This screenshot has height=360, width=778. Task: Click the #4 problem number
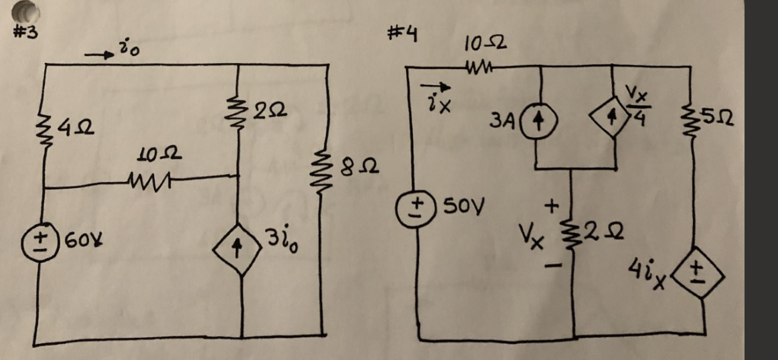[403, 32]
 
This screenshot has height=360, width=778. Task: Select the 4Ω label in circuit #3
[74, 127]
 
